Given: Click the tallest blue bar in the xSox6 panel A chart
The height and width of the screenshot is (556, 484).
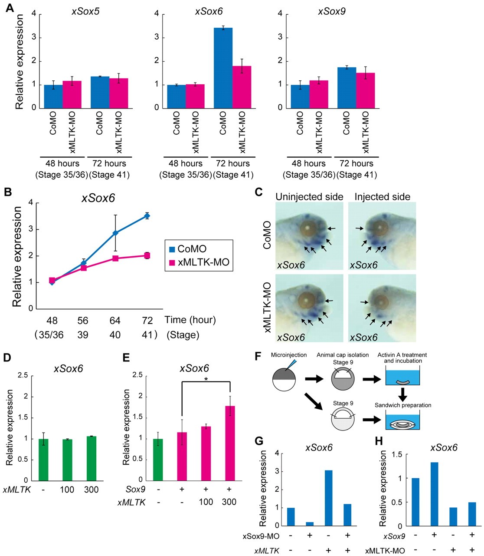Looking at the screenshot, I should (223, 68).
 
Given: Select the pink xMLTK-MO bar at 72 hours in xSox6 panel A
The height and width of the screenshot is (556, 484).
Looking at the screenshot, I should (242, 87).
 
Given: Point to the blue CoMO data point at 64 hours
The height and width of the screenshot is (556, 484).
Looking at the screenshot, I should (115, 233).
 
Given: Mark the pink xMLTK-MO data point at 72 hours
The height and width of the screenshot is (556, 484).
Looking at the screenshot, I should (147, 255).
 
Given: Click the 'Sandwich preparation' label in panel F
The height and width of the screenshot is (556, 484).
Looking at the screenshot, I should (403, 405).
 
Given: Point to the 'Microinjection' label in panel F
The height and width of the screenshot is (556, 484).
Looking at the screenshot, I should (289, 355).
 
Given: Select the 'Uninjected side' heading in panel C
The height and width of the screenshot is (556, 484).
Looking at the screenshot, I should (309, 197).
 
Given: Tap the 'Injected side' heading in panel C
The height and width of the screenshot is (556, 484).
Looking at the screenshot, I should (382, 197).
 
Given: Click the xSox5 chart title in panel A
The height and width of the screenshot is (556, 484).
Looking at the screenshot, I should (85, 11).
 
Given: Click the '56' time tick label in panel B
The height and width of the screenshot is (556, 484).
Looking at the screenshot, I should (83, 321).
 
